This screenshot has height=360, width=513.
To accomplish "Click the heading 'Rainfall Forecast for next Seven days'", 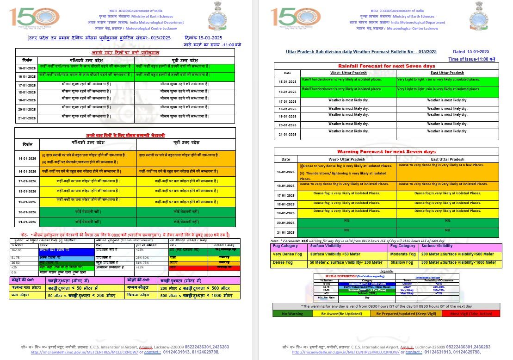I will pos(387,66).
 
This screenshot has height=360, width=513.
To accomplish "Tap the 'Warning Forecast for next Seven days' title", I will pos(386,152).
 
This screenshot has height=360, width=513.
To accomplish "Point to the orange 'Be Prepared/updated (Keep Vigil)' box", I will pos(405,314).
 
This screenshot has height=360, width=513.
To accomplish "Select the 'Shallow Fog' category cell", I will pos(402,262).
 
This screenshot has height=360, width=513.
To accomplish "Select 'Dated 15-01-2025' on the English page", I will pos(471,52).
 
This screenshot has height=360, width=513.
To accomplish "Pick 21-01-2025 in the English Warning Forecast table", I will pos(286,232).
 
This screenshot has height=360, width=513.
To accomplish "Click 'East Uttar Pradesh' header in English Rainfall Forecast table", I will pos(447,73).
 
